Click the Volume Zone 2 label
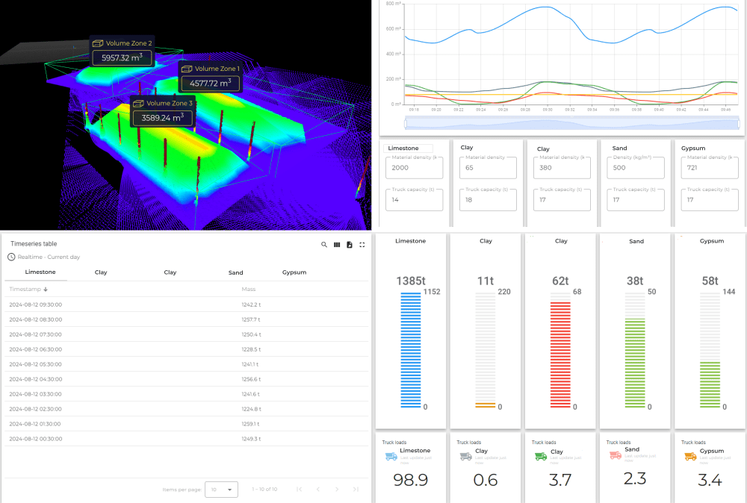[128, 43]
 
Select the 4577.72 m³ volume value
[209, 84]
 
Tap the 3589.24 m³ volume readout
[163, 118]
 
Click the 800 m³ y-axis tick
[391, 4]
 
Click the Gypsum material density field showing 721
[709, 168]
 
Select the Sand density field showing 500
[635, 168]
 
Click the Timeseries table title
[34, 244]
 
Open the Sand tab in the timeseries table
[236, 272]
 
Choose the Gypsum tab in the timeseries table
[294, 272]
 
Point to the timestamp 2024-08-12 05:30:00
[36, 364]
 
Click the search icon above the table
[324, 245]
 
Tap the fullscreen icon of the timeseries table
[362, 245]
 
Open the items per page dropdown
[221, 490]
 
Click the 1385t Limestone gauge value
[411, 281]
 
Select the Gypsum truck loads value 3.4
[709, 480]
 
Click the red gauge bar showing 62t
[560, 351]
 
